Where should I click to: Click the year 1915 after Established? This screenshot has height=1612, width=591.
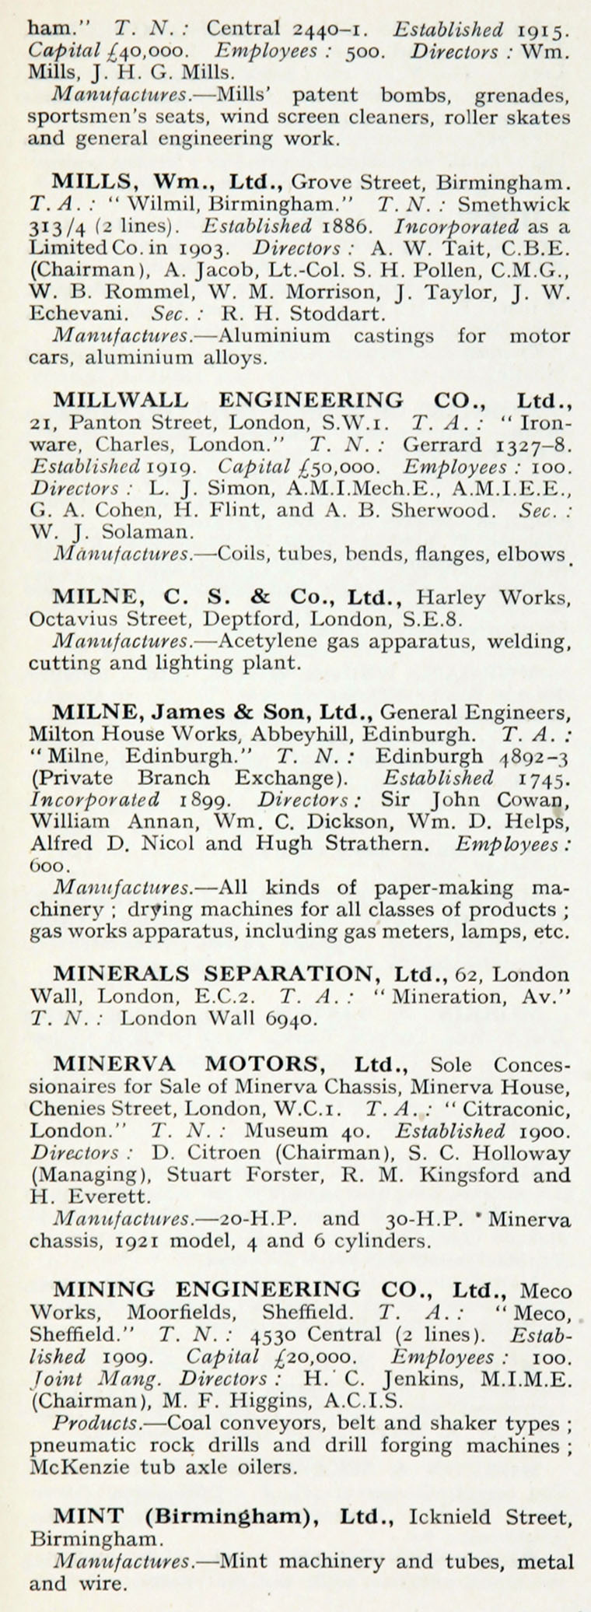click(x=544, y=30)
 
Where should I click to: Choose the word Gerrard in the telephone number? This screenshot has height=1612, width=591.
click(x=443, y=445)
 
